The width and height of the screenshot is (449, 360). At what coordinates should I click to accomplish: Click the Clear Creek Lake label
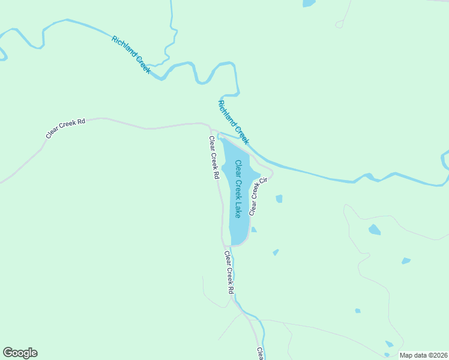coord(238,188)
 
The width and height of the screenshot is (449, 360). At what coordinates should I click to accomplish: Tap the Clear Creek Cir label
coord(258,196)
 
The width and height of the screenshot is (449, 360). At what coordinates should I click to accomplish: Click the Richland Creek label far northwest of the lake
coord(131,55)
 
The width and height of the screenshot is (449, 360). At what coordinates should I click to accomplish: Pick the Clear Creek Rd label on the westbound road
coord(65,128)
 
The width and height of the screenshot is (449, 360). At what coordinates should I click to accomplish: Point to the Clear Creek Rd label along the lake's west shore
coord(213,158)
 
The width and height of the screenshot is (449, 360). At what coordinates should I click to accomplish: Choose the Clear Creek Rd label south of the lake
coord(229,272)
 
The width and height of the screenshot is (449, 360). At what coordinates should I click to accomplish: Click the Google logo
coord(20,353)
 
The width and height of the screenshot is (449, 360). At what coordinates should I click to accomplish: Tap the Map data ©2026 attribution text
coord(424,355)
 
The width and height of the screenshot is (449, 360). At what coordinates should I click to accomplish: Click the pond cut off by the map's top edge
coord(309,3)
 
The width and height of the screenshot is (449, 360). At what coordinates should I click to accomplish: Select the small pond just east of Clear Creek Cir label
coord(279,199)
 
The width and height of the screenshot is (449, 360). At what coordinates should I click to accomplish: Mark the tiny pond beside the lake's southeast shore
coord(254,229)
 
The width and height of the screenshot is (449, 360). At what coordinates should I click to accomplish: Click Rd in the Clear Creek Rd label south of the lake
coord(231,289)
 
